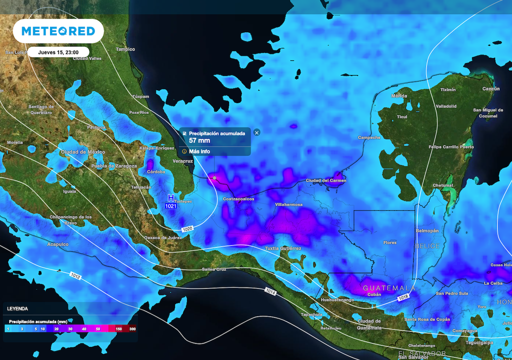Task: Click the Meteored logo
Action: pos(58,31)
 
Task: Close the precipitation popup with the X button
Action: pos(256,132)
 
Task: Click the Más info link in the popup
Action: pos(199,151)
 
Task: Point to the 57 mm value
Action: pos(200,140)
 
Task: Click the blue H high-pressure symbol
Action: pos(171,198)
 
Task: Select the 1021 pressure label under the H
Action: pos(171,206)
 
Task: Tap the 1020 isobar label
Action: pos(187,229)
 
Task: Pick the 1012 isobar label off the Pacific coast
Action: pos(75,275)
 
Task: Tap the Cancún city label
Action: pos(490,89)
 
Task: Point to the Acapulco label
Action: pos(57,244)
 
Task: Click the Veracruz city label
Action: pos(182,161)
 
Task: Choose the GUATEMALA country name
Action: pos(389,288)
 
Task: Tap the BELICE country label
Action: pos(427,246)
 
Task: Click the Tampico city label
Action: pos(125,49)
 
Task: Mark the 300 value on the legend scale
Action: pos(132,329)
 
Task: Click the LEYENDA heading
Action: pos(17,309)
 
